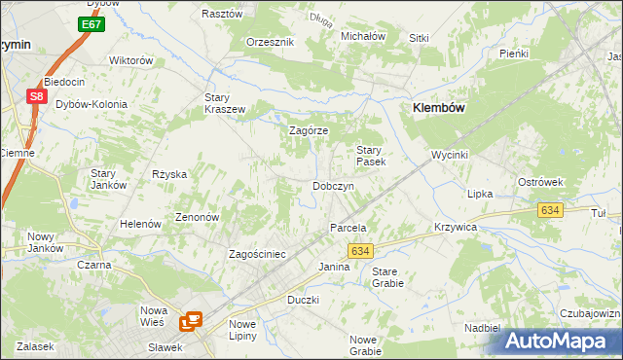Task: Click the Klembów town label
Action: [x=442, y=109]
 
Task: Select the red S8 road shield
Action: [x=35, y=95]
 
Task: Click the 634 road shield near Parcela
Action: [x=359, y=251]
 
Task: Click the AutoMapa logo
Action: [x=562, y=341]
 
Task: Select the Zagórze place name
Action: [x=310, y=130]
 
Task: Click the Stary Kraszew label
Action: [x=224, y=103]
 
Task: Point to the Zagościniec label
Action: [x=256, y=254]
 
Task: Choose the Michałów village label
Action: [x=363, y=36]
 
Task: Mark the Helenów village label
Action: [x=139, y=224]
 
